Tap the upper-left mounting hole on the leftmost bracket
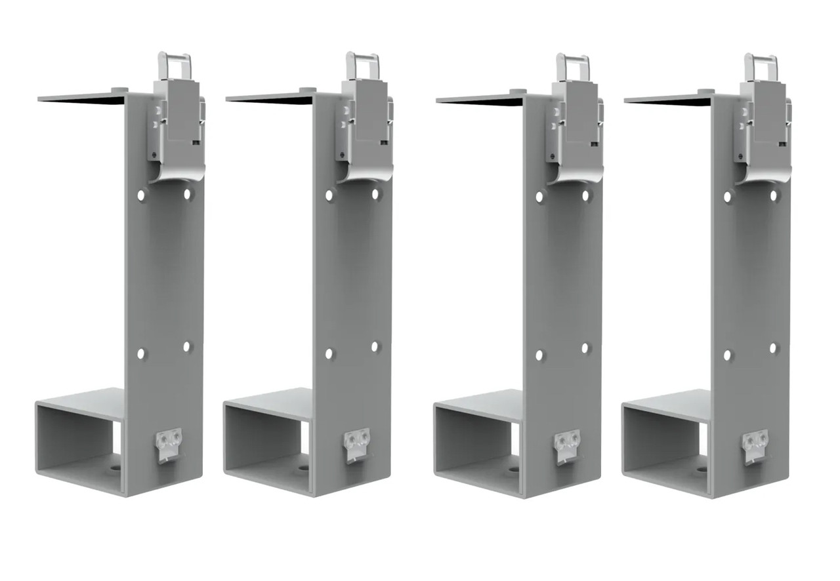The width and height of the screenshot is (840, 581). coord(141,195)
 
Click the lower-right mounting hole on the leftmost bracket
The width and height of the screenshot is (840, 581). coord(187,346)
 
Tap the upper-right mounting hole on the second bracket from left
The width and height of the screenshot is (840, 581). coord(375,194)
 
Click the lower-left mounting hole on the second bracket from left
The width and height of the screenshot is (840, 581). coord(329,353)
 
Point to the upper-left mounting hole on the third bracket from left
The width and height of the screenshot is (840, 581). coord(539,197)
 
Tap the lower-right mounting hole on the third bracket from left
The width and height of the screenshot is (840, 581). coord(585,348)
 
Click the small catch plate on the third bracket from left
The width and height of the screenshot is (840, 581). coord(568,444)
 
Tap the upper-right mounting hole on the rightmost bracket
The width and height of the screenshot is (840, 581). coord(774,195)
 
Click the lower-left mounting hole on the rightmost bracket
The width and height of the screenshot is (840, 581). coord(727,355)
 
